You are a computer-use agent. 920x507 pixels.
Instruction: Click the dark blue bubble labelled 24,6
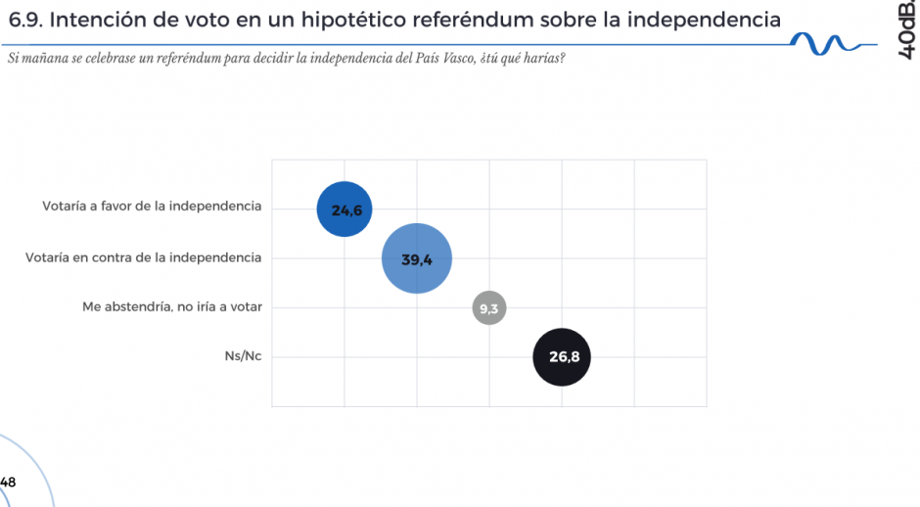click(345, 209)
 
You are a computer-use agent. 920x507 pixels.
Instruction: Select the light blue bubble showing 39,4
click(417, 258)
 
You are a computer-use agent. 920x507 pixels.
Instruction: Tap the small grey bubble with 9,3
click(488, 308)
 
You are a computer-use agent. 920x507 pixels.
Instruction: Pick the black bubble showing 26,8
click(562, 357)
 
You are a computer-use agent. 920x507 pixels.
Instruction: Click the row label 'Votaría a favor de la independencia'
click(152, 207)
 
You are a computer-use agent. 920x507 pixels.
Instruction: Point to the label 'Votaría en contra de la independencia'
click(144, 257)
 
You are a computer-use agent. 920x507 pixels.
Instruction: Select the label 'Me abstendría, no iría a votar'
click(171, 306)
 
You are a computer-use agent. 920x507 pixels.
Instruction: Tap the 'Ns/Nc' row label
click(243, 356)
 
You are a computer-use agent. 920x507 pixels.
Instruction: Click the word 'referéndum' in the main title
click(476, 19)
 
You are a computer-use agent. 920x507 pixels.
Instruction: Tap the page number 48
click(8, 482)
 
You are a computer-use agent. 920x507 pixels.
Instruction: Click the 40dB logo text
click(906, 30)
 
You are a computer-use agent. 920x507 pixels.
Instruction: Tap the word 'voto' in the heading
click(204, 19)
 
